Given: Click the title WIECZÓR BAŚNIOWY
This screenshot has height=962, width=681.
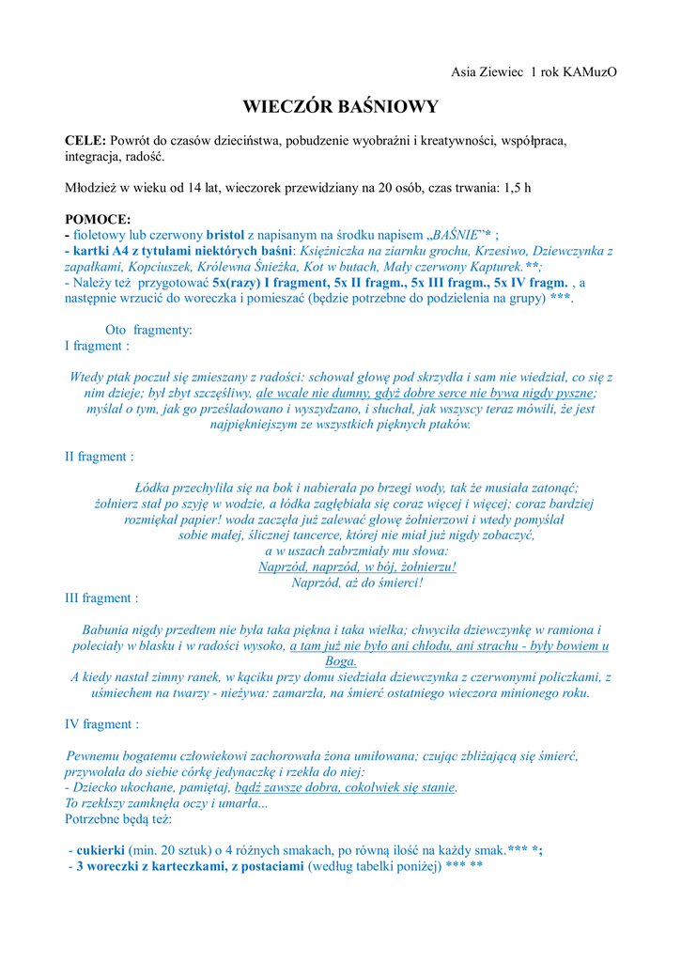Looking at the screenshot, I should pyautogui.click(x=340, y=106).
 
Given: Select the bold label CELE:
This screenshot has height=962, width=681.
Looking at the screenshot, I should pyautogui.click(x=85, y=140).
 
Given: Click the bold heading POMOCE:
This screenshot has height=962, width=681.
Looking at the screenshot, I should pyautogui.click(x=98, y=218).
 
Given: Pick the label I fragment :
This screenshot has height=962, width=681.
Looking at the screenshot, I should pyautogui.click(x=97, y=346).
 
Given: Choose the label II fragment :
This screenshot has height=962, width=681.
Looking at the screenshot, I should pyautogui.click(x=99, y=457).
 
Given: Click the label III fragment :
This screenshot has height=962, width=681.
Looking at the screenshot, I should pyautogui.click(x=101, y=597).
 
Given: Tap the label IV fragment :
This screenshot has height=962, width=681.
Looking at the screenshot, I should pyautogui.click(x=101, y=724).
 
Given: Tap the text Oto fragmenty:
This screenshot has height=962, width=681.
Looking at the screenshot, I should pyautogui.click(x=148, y=330).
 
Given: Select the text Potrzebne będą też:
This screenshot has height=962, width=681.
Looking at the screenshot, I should pyautogui.click(x=117, y=819).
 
